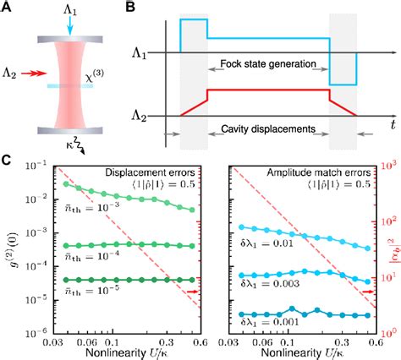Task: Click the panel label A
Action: [x=7, y=8]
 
